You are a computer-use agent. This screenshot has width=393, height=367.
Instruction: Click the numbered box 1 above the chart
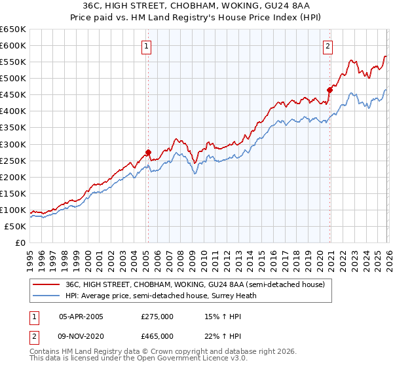pyautogui.click(x=146, y=46)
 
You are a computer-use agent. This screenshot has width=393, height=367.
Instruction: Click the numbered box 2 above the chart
pyautogui.click(x=327, y=46)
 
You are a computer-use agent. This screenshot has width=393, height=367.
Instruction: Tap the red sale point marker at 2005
pyautogui.click(x=148, y=152)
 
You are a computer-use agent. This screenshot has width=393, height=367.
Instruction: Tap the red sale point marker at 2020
pyautogui.click(x=329, y=90)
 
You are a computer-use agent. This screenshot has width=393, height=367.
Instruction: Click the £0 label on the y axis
pyautogui.click(x=20, y=242)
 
